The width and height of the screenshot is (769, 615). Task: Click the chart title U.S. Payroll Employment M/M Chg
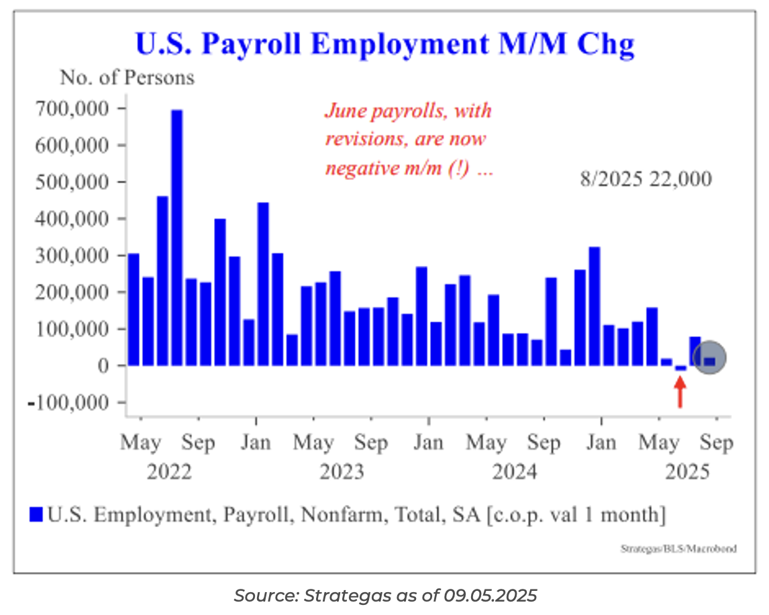(384, 44)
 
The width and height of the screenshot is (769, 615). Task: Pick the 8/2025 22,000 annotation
(646, 180)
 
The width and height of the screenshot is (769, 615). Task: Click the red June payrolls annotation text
(409, 139)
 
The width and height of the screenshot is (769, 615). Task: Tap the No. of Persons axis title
(127, 78)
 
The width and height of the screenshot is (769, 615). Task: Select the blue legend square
(36, 515)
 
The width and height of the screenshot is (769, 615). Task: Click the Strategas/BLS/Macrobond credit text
(678, 549)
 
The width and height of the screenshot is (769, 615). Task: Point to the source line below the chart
(385, 595)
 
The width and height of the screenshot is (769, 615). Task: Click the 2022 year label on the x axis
(169, 472)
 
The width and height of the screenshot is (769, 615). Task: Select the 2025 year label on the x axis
(687, 472)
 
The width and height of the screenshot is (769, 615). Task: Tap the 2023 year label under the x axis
(342, 472)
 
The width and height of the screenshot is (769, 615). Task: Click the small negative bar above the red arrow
(680, 368)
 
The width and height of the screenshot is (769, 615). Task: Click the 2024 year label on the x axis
(515, 472)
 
